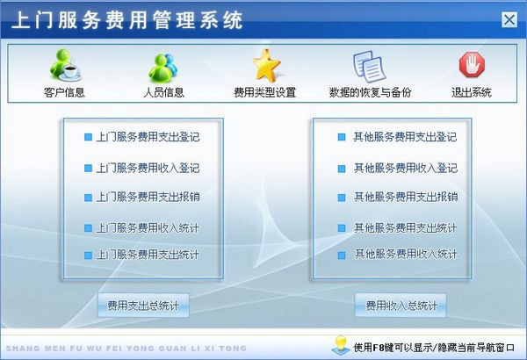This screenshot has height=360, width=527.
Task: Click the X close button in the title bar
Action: point(509,20)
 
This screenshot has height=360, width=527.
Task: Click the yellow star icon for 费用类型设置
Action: point(264,64)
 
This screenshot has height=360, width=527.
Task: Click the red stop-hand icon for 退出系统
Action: point(471,64)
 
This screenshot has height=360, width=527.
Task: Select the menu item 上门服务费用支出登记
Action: point(147,138)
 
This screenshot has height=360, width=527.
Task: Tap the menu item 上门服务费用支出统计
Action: point(147,256)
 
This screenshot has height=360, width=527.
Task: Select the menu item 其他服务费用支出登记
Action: point(404,138)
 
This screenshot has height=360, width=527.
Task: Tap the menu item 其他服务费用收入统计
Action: point(404,256)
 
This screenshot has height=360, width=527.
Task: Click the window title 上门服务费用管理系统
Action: point(128,20)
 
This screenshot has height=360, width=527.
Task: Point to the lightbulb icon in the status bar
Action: point(338,345)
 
